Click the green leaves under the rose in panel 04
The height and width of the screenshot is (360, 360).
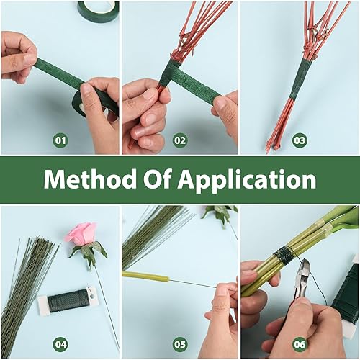pyautogui.click(x=89, y=251)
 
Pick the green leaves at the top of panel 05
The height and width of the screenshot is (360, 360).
pyautogui.click(x=220, y=212)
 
